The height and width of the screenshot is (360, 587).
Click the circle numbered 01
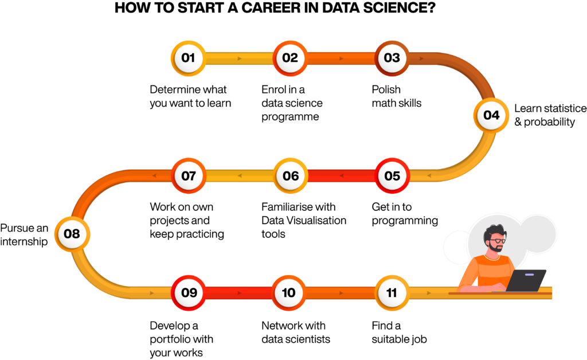188,58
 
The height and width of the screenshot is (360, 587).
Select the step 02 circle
290,58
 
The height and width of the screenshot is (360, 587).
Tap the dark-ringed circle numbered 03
392,58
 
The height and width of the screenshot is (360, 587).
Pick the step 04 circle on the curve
491,115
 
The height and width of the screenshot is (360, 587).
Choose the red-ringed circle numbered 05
392,175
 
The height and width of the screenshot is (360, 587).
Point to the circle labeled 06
291,175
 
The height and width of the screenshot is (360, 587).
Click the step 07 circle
189,175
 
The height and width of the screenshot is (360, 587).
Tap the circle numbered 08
72,234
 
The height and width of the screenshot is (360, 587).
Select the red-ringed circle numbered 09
189,293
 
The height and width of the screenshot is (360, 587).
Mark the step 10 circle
289,293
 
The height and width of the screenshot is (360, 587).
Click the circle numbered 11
392,293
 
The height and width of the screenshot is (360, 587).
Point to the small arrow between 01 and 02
238,58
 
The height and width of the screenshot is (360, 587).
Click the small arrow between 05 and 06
341,175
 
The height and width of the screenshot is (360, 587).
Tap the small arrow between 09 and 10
239,293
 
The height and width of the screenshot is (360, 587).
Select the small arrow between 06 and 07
239,175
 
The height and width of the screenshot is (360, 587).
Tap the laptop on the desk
526,280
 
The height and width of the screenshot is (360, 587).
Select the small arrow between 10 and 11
341,293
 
